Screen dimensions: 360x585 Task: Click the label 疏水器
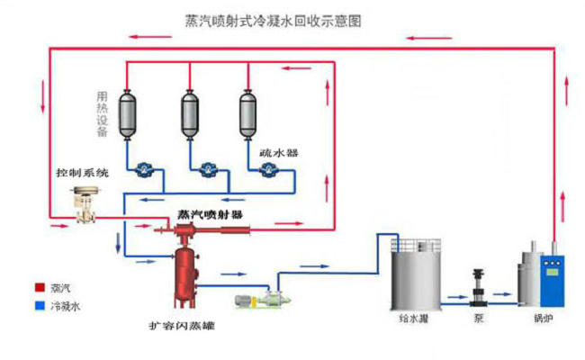(x=279, y=153)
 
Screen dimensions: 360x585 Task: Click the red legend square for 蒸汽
(x=40, y=287)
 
